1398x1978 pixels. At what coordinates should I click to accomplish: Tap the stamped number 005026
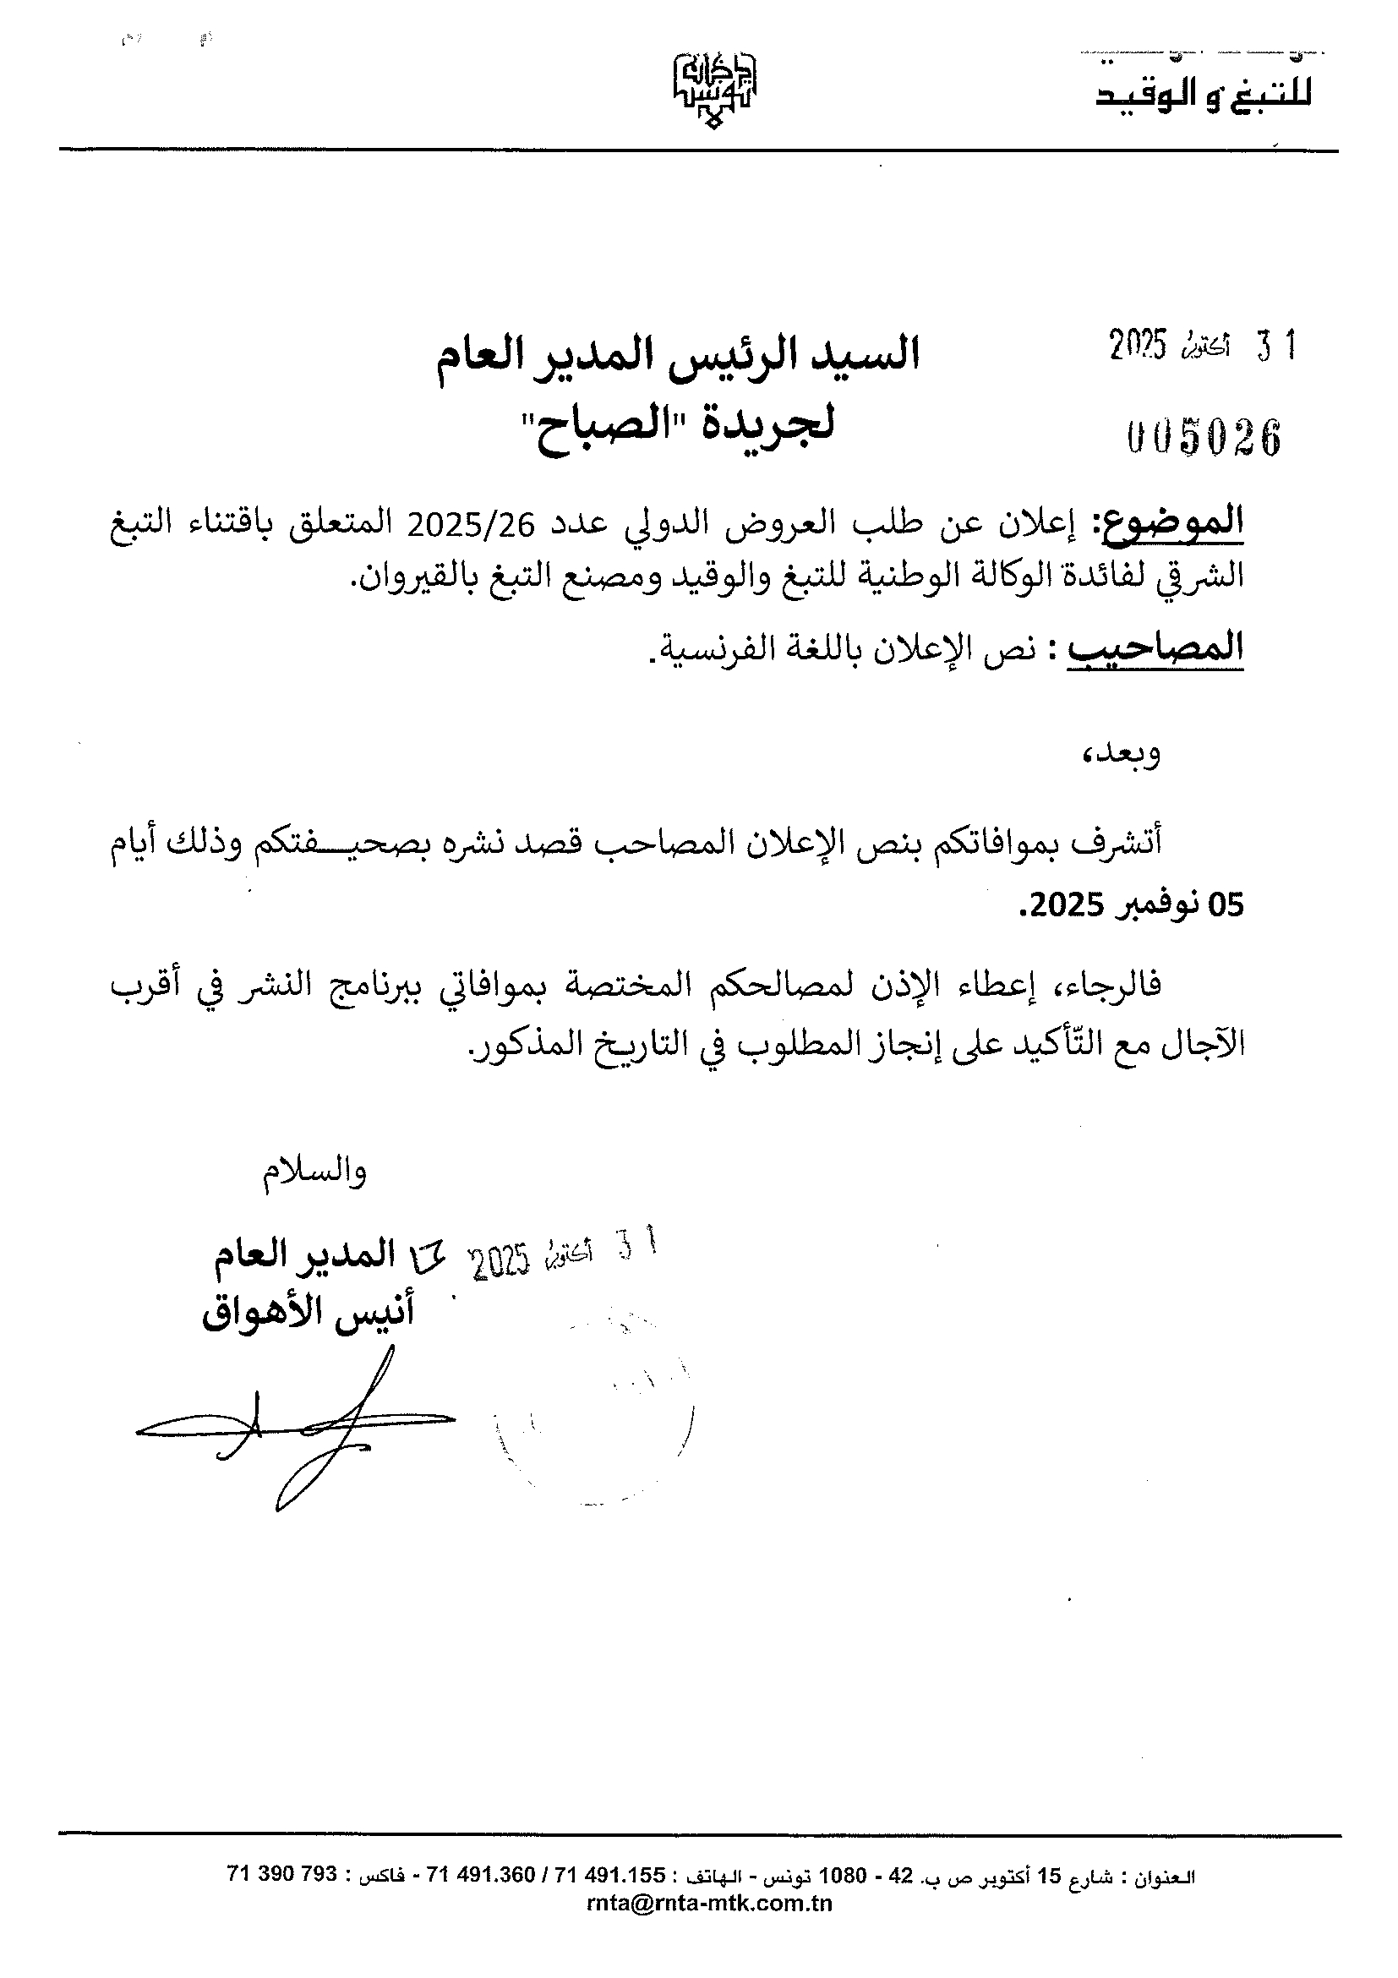(1204, 438)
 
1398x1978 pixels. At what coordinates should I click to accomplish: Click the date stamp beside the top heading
(1203, 347)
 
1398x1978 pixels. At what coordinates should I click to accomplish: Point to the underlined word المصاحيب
(1156, 647)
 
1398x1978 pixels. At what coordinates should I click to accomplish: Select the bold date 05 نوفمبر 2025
(1132, 905)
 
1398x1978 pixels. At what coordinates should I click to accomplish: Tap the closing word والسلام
(315, 1172)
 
